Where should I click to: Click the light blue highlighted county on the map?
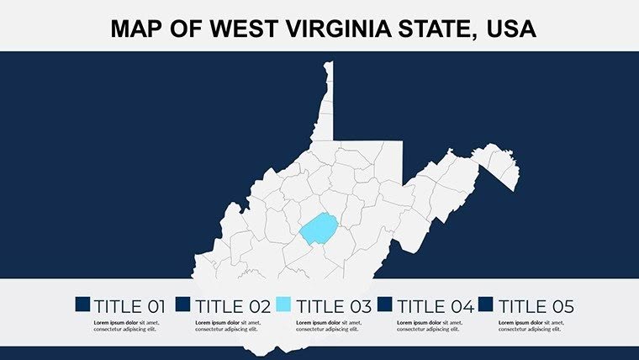tap(318, 229)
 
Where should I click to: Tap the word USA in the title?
tap(512, 30)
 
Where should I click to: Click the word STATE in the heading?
tap(427, 30)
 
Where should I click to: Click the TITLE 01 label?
tap(129, 307)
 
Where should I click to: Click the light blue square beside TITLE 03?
tap(283, 304)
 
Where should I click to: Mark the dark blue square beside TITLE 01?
tap(82, 304)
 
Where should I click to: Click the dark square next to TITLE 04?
tap(386, 304)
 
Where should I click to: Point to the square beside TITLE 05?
tap(487, 304)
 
